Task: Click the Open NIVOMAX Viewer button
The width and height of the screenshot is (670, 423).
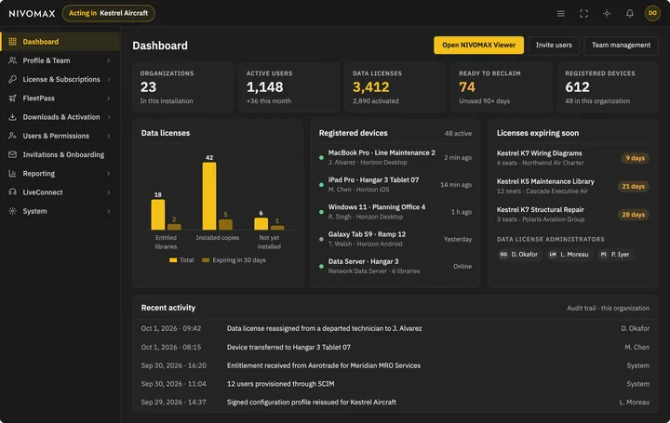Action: [478, 46]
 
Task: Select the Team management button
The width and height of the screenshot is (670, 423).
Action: [621, 46]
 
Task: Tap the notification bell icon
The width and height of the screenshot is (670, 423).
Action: [630, 14]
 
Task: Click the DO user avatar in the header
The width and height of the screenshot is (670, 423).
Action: [652, 13]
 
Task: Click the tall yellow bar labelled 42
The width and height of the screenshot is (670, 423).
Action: [209, 196]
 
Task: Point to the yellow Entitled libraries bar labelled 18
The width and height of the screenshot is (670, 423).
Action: [158, 215]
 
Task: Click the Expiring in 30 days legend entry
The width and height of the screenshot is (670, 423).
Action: [234, 260]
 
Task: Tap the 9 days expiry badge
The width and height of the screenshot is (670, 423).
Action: [635, 158]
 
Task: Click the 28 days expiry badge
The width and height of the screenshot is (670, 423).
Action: [634, 215]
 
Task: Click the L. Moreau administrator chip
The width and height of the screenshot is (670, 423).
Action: [569, 255]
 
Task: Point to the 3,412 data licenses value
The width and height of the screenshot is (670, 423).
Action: [371, 87]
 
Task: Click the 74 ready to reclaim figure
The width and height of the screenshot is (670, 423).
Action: [467, 87]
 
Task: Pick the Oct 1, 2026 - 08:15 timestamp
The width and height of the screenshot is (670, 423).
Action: [171, 347]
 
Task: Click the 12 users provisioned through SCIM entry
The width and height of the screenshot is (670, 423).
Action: [281, 384]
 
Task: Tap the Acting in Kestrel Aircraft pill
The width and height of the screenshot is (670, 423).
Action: [109, 13]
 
